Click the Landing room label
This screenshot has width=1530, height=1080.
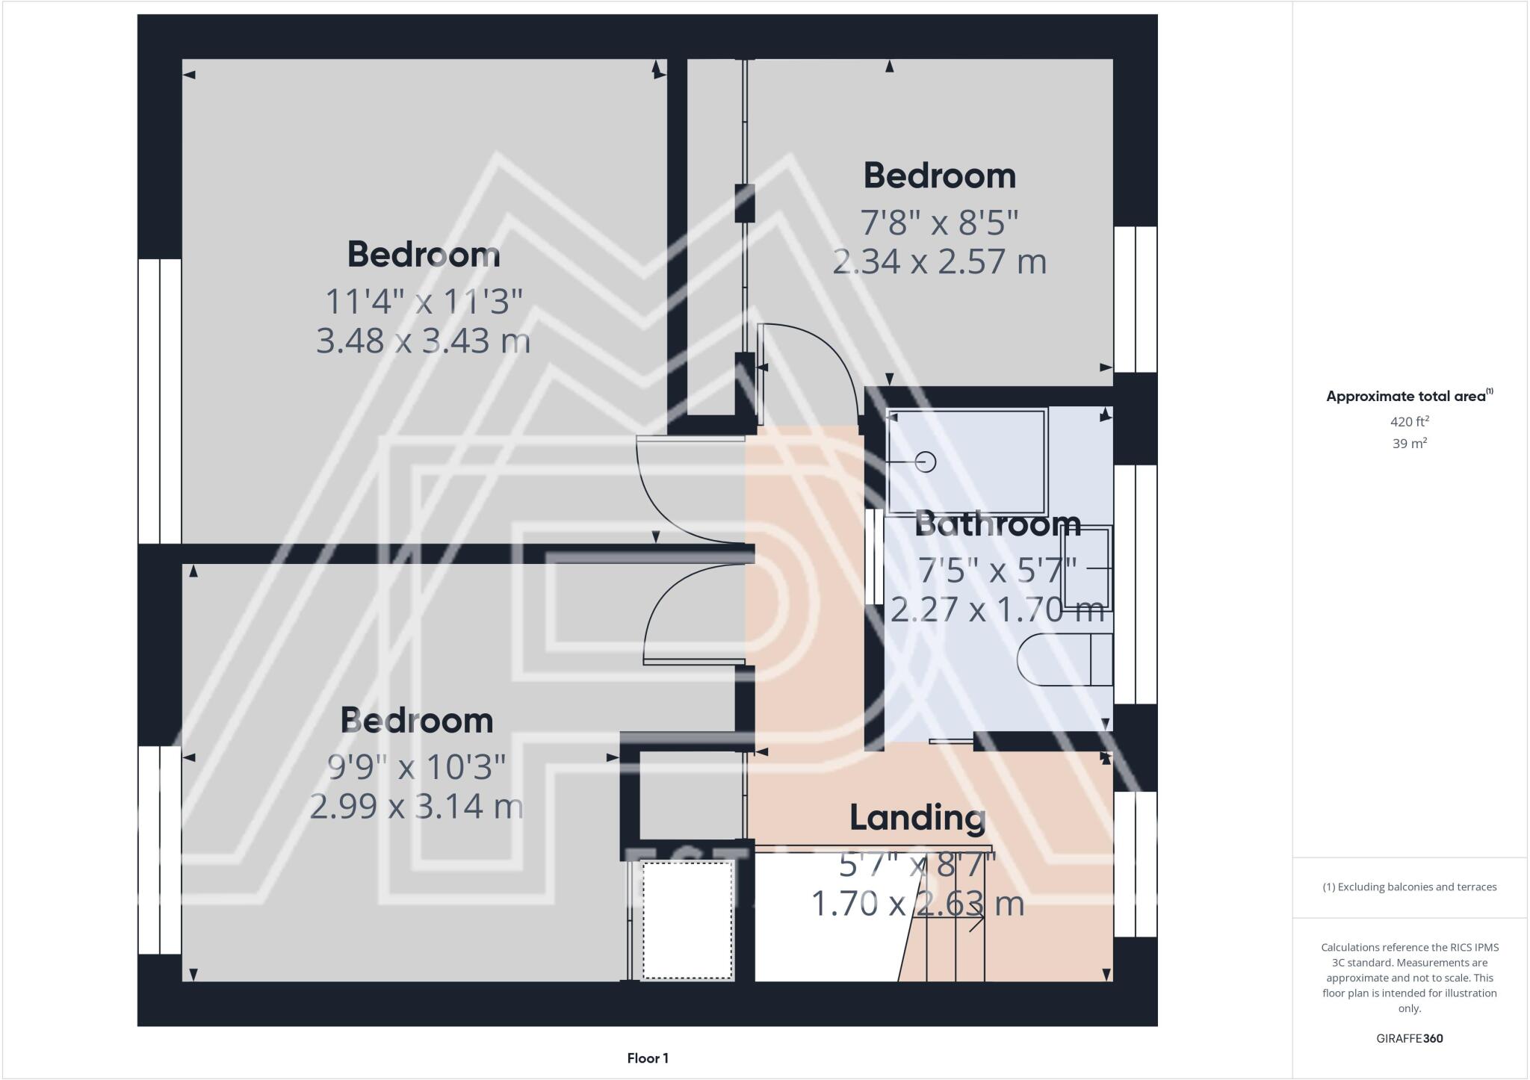coord(917,818)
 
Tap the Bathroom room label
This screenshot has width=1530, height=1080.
coord(997,524)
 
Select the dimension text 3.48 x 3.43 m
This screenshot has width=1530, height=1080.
coord(423,341)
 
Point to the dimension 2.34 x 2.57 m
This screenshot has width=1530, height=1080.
coord(939,262)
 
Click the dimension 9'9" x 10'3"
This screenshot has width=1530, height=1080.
coord(417,766)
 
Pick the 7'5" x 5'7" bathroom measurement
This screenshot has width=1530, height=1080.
coord(997,571)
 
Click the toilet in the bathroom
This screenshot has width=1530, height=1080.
coord(1065,660)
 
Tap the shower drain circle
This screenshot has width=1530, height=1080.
coord(926,462)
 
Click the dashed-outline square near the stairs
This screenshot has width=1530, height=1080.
coord(687,920)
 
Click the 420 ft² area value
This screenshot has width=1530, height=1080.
coord(1409,421)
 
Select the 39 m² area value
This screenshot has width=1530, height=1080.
coord(1409,444)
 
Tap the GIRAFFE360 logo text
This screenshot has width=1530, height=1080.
coord(1409,1038)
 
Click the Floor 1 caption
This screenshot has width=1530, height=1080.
coord(648,1058)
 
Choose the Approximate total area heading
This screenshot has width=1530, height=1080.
coord(1408,397)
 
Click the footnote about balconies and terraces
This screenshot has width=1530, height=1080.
coord(1409,887)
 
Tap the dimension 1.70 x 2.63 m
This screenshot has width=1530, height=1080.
coord(917,904)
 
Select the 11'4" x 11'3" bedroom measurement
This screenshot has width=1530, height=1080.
coord(423,302)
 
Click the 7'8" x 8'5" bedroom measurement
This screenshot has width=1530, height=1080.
coord(939,222)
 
